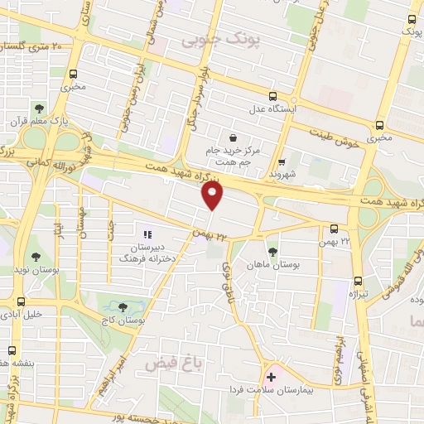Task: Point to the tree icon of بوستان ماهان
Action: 272,251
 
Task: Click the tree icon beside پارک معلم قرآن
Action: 39,108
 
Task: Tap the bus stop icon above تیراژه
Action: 358,281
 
